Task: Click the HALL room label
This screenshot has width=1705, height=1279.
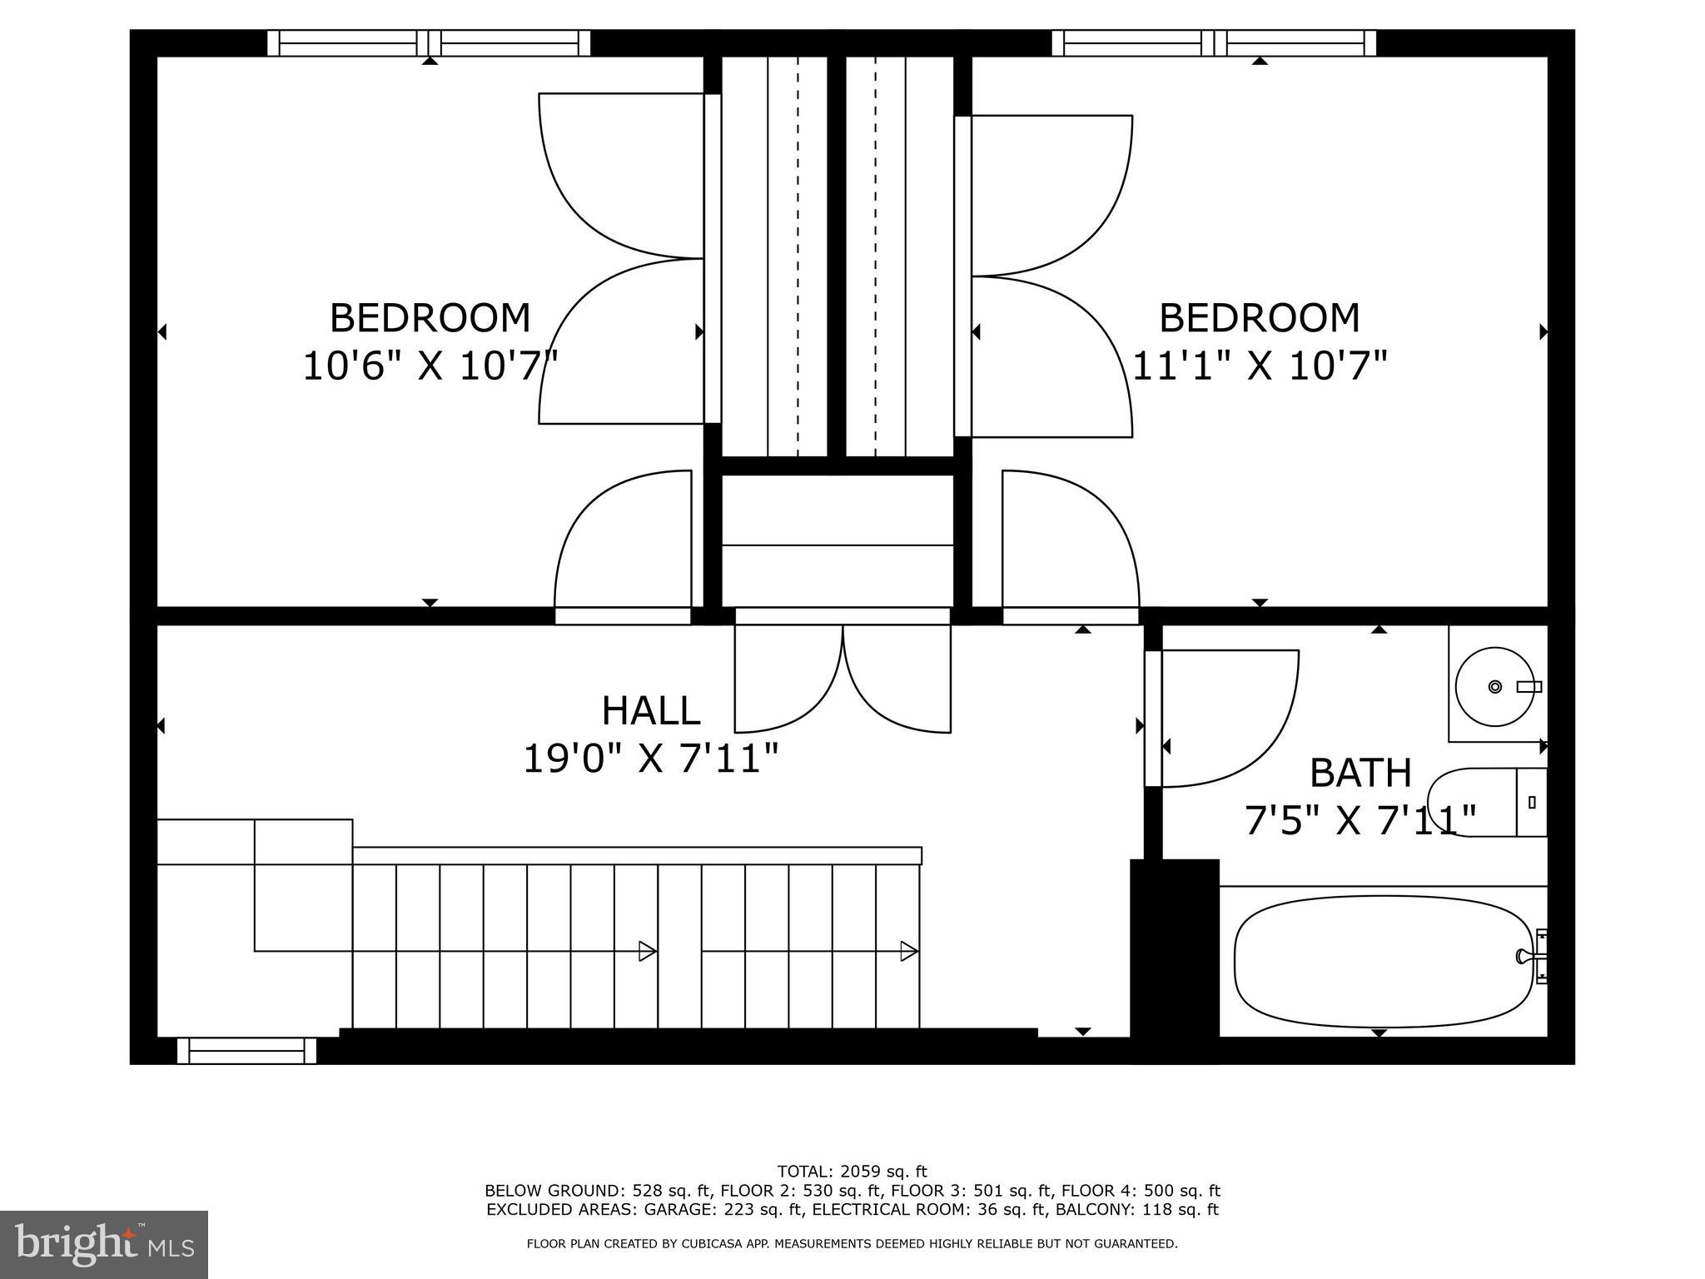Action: point(650,711)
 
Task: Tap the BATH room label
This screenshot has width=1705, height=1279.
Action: point(1360,773)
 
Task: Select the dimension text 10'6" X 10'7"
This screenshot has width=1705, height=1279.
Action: point(429,366)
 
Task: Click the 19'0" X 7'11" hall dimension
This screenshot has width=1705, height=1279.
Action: point(650,759)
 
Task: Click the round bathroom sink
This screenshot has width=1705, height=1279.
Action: point(1495,687)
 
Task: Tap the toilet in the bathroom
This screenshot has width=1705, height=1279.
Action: point(1486,803)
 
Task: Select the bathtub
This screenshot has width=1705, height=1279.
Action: point(1382,962)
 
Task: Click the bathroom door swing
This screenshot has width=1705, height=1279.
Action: point(1224,716)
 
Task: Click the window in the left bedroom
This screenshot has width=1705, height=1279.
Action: point(428,42)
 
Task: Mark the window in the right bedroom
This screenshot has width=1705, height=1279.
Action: point(1214,42)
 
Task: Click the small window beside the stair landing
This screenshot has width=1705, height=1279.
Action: point(246,1050)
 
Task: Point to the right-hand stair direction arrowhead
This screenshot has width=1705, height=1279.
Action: point(909,951)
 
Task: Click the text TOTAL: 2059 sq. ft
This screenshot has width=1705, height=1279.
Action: point(852,1172)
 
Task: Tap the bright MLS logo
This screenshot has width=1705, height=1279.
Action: point(104,1245)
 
